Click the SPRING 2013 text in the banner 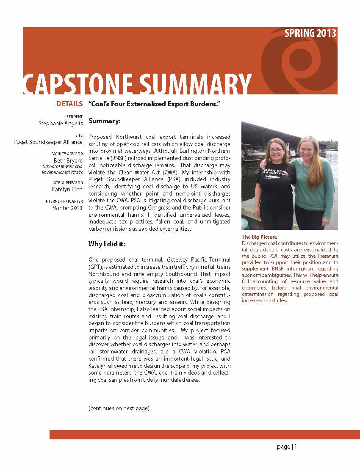(x=310, y=33)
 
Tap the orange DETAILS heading (x=69, y=104)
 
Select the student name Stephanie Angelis (x=61, y=123)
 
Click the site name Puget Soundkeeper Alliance (x=48, y=142)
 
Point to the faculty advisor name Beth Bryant (x=68, y=160)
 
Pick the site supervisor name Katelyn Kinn (x=67, y=189)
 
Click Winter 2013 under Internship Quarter (x=68, y=208)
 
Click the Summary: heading (x=105, y=121)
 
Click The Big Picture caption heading (x=259, y=237)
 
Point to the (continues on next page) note (x=119, y=408)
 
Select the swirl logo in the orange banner (x=296, y=59)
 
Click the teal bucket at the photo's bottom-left (x=244, y=224)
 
